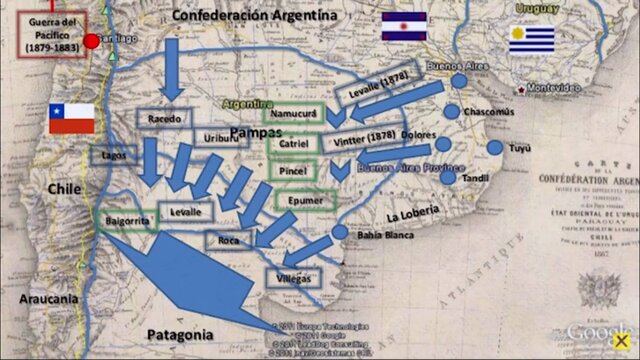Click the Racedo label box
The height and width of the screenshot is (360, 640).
(x=162, y=119)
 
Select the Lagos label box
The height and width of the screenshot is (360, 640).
(x=114, y=155)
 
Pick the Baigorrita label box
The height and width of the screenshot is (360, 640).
(x=127, y=219)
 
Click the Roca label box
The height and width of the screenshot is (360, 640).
(x=228, y=240)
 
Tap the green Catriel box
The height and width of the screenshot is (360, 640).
(x=296, y=143)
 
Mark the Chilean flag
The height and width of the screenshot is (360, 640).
(x=72, y=118)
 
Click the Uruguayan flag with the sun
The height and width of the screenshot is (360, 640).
(x=531, y=40)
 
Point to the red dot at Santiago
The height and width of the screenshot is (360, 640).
(x=93, y=41)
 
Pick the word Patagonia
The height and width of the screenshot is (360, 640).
(x=180, y=334)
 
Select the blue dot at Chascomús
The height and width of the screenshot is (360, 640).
(x=452, y=111)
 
